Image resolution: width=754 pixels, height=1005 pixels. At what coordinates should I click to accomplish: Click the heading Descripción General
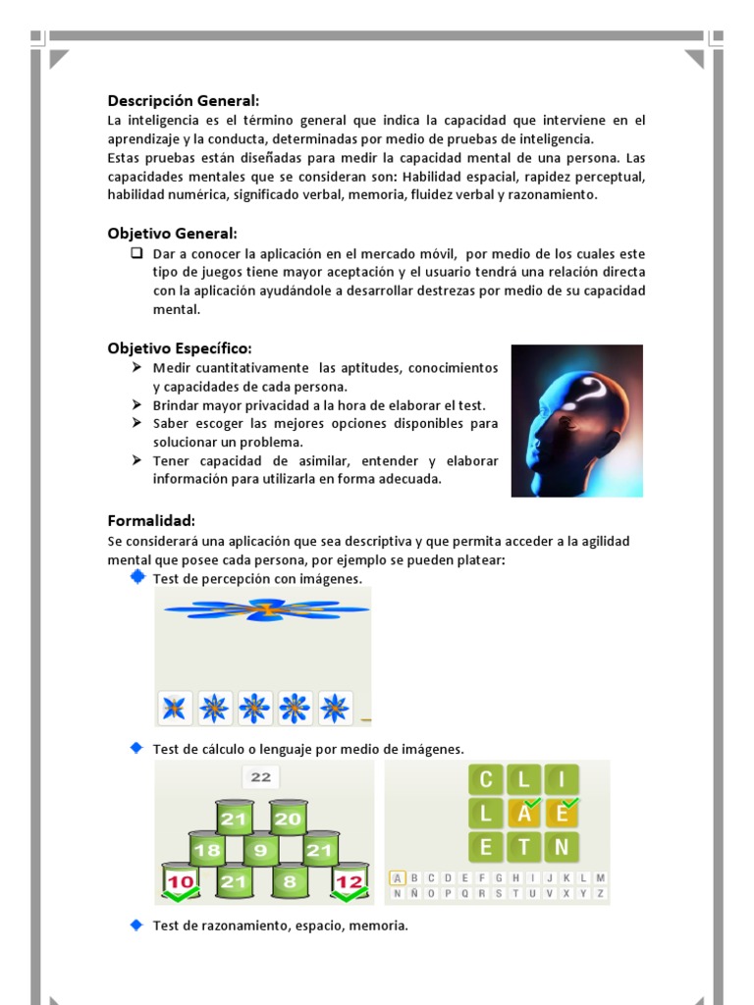pyautogui.click(x=184, y=101)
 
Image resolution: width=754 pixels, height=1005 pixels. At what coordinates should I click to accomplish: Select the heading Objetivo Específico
pyautogui.click(x=180, y=348)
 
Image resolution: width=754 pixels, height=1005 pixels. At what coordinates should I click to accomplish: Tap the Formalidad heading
pyautogui.click(x=151, y=521)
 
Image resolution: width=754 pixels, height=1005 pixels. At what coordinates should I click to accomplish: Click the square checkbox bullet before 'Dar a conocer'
pyautogui.click(x=137, y=253)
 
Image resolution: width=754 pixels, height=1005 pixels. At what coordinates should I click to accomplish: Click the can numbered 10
pyautogui.click(x=181, y=881)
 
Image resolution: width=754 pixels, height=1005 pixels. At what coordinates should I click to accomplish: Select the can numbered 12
pyautogui.click(x=350, y=881)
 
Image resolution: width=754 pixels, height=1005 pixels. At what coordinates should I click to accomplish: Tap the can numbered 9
pyautogui.click(x=261, y=851)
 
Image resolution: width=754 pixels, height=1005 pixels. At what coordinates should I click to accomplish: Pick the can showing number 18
pyautogui.click(x=207, y=851)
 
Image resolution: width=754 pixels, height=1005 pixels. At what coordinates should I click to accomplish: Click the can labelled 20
pyautogui.click(x=288, y=820)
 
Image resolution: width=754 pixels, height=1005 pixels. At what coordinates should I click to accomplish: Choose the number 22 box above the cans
pyautogui.click(x=260, y=777)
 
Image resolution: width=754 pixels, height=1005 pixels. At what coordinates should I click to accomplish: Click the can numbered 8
pyautogui.click(x=289, y=881)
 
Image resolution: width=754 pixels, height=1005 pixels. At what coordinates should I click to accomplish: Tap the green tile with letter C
pyautogui.click(x=485, y=781)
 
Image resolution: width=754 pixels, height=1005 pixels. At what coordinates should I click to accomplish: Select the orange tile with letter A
pyautogui.click(x=525, y=814)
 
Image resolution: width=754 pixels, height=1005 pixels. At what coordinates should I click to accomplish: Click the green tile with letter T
pyautogui.click(x=525, y=847)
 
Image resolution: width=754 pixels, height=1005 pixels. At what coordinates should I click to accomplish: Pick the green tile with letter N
pyautogui.click(x=563, y=847)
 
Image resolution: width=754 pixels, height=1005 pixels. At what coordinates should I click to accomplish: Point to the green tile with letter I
pyautogui.click(x=563, y=781)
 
